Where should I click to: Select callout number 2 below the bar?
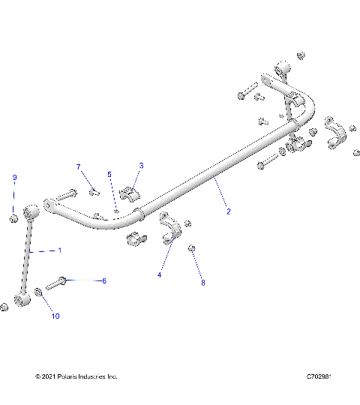[x=228, y=211]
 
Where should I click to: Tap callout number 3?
[x=141, y=166]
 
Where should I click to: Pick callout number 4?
[x=159, y=275]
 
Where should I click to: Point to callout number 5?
[x=109, y=175]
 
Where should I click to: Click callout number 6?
[x=103, y=280]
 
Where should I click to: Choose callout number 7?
[x=77, y=166]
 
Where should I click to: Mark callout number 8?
[x=202, y=283]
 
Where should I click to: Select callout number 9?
[x=13, y=177]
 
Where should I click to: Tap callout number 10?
[x=55, y=316]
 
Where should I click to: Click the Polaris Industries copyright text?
[x=76, y=376]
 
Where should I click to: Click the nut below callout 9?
[x=13, y=218]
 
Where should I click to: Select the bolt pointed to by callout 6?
[x=57, y=284]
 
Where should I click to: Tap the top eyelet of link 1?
[x=32, y=211]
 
